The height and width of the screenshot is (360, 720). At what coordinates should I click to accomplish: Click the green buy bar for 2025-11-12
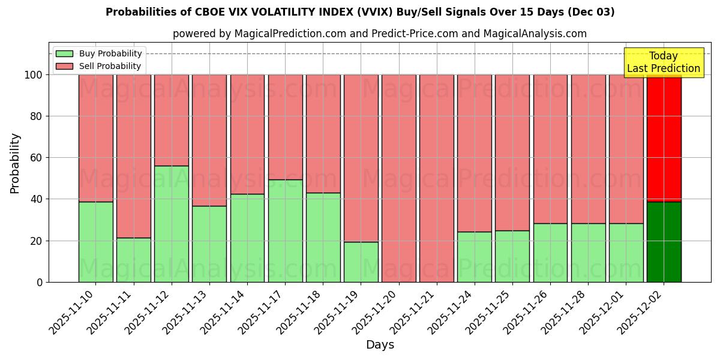(x=171, y=224)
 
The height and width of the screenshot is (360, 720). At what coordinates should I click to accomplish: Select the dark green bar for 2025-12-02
(x=664, y=242)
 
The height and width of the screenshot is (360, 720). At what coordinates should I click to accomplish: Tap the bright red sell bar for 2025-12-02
(x=664, y=138)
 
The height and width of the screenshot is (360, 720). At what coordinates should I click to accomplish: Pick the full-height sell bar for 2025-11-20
(x=398, y=178)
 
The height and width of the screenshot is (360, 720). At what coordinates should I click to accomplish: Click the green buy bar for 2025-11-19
(x=361, y=262)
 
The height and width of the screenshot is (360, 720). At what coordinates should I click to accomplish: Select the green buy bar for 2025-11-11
(x=133, y=260)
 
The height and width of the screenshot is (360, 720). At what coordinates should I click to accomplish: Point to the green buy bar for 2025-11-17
(x=285, y=231)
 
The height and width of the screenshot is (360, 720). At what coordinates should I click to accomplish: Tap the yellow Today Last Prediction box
(x=663, y=62)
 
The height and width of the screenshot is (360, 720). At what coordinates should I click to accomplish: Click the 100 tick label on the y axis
(x=33, y=75)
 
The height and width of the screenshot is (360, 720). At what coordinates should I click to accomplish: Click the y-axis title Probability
(x=15, y=163)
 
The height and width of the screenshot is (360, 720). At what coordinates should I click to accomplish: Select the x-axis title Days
(x=380, y=345)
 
